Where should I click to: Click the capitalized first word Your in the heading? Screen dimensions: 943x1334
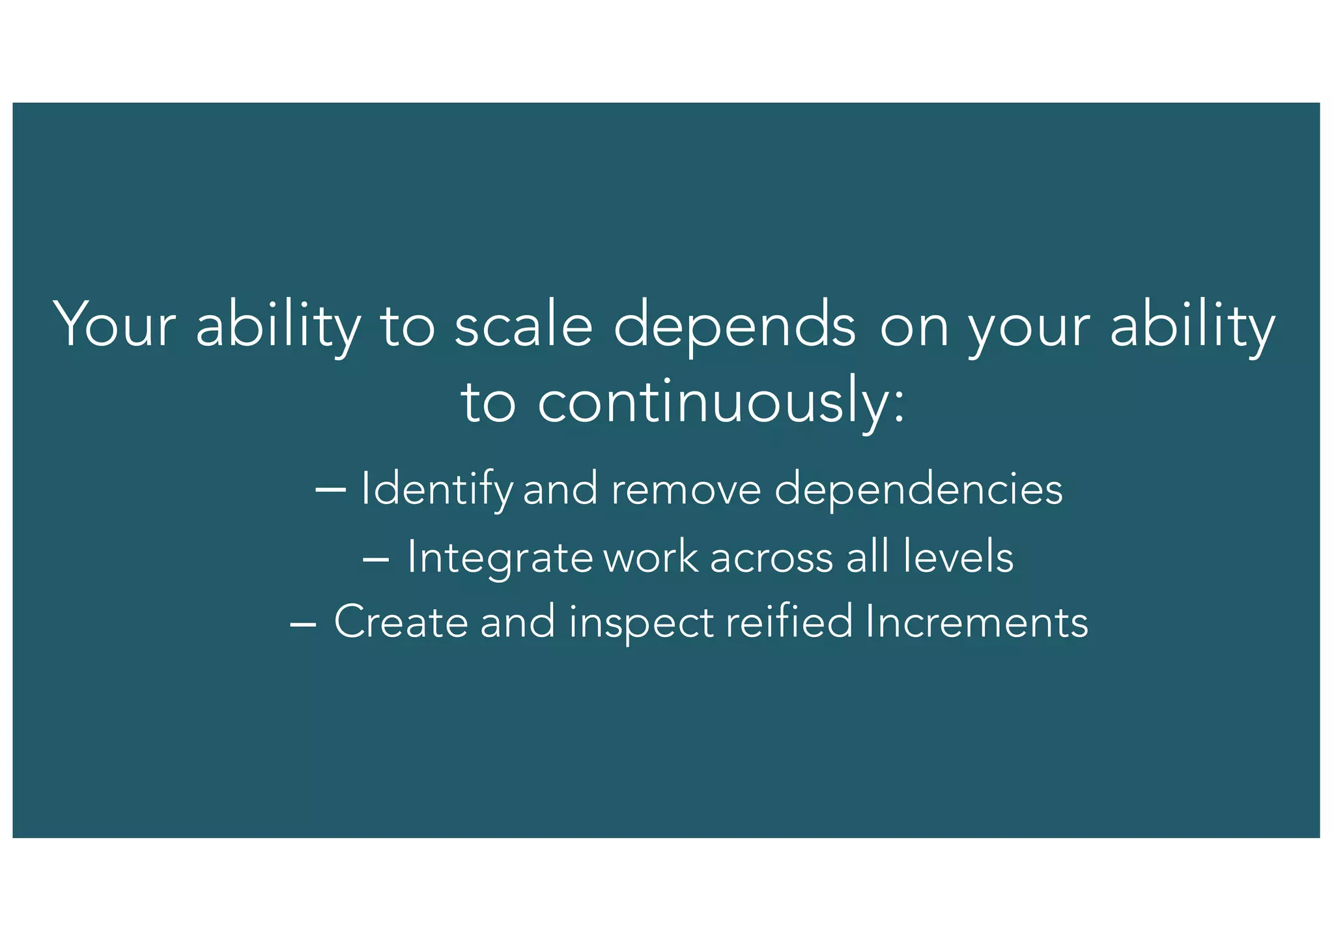click(x=115, y=325)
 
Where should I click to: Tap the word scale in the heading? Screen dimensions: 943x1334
click(x=523, y=325)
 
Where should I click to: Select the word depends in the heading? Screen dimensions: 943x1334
click(x=734, y=325)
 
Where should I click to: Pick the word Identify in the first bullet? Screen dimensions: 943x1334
click(x=436, y=489)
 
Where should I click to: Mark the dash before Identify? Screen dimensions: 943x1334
click(x=330, y=488)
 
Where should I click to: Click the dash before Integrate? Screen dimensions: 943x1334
click(x=376, y=558)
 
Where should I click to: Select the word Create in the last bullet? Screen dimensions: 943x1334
click(x=401, y=622)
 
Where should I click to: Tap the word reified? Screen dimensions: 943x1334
click(x=789, y=621)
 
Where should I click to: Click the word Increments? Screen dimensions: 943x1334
click(x=977, y=622)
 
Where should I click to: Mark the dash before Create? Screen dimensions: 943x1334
click(x=303, y=623)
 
